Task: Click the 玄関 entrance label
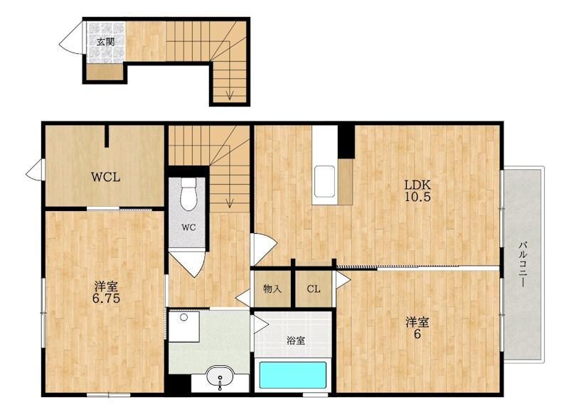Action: [x=105, y=42]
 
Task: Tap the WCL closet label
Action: [x=105, y=177]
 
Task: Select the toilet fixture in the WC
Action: [x=188, y=194]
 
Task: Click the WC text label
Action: [x=188, y=227]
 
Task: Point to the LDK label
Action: [x=418, y=185]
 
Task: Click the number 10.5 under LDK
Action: [x=418, y=197]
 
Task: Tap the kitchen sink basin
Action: [x=324, y=182]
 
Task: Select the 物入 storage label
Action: [x=272, y=288]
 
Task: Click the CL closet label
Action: [x=314, y=289]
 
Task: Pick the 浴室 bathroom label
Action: [x=296, y=340]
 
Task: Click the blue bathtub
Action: [x=292, y=375]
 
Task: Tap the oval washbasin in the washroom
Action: [x=220, y=377]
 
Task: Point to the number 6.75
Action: [x=106, y=298]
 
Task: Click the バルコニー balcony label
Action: [x=523, y=264]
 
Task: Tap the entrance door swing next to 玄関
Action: [x=71, y=38]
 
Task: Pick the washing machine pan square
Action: [x=184, y=327]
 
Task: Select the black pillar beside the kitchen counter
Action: [x=346, y=141]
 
